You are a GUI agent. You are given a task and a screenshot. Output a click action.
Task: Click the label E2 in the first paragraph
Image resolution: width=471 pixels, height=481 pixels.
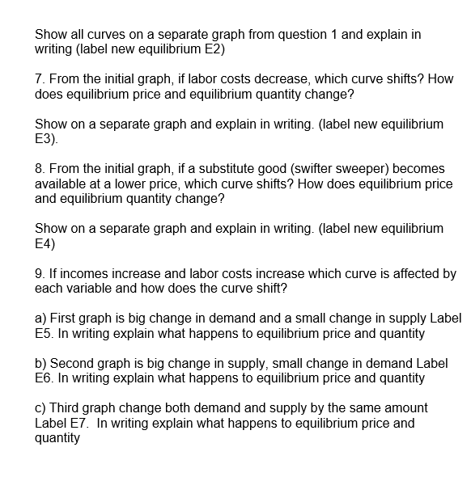click(213, 50)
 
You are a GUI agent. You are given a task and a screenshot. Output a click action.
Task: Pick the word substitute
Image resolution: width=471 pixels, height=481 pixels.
click(193, 168)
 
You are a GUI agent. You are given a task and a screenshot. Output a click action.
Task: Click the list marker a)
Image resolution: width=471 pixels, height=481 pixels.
click(41, 319)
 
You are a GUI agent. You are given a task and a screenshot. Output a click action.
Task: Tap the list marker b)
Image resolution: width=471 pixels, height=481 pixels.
click(41, 363)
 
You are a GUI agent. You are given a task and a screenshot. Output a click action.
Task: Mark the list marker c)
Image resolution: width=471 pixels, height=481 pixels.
click(41, 408)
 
